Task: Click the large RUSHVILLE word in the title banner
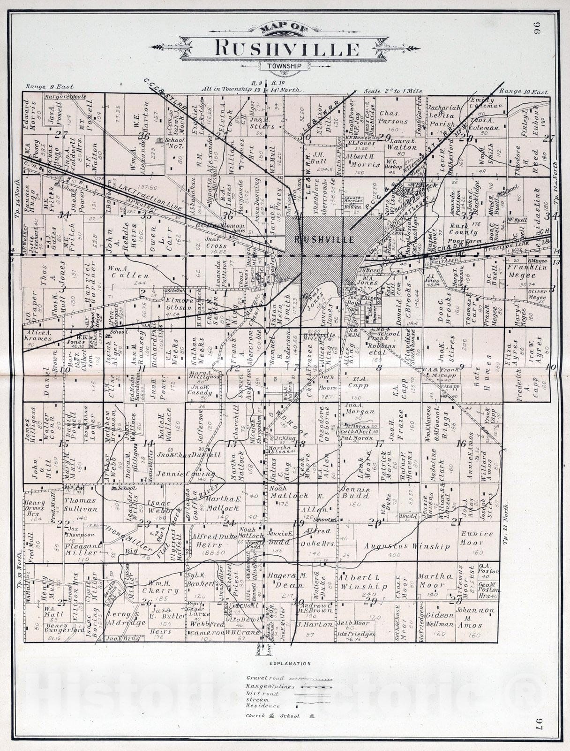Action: [287, 49]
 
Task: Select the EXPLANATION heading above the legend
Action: [290, 663]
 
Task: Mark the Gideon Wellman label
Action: [440, 619]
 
